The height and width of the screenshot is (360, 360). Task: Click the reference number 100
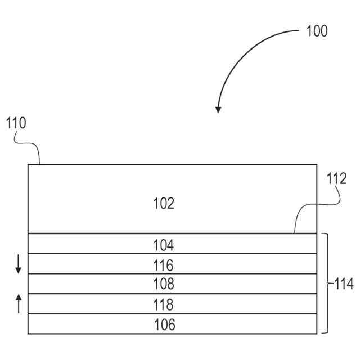(317, 31)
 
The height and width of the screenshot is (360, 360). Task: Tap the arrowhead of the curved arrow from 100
(218, 109)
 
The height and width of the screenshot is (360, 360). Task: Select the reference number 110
(16, 123)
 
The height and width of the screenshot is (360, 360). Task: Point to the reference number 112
(337, 179)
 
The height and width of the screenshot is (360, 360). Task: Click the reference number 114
(343, 284)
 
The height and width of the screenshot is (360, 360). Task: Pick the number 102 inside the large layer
(164, 203)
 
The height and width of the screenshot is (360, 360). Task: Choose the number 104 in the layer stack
(164, 245)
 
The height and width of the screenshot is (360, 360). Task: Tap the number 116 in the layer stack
(164, 265)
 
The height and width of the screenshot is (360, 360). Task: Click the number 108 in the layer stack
(164, 283)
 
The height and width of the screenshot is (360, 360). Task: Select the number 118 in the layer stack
(164, 305)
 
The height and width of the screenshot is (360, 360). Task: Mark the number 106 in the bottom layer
(164, 325)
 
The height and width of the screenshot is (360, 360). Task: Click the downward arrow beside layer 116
(18, 264)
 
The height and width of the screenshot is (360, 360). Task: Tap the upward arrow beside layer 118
(18, 304)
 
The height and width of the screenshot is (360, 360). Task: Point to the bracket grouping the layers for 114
(326, 283)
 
